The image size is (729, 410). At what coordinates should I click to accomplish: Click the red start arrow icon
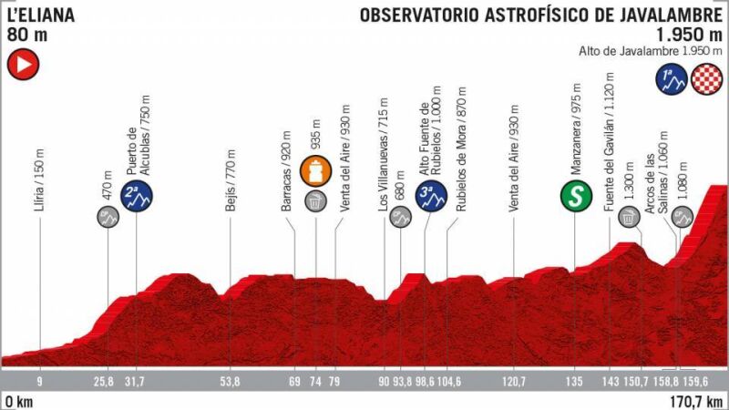(x=22, y=65)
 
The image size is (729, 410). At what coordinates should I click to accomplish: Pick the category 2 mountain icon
(x=137, y=193)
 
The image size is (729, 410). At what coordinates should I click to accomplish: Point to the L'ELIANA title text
(x=41, y=15)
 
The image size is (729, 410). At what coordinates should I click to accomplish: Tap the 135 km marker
(x=574, y=381)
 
